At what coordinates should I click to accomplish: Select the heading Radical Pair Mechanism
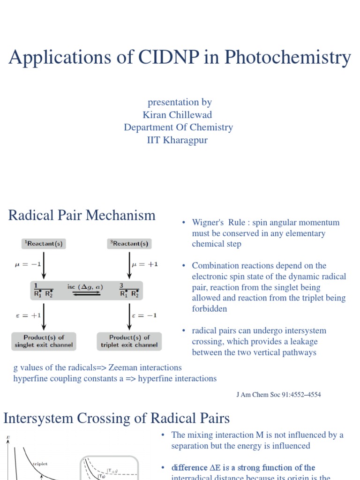click(x=82, y=215)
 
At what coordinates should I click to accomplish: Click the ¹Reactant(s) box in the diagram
click(x=44, y=244)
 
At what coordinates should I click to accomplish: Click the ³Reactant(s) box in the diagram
click(x=129, y=244)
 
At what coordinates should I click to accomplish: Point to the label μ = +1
click(x=146, y=264)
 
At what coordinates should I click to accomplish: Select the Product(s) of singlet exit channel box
click(x=44, y=341)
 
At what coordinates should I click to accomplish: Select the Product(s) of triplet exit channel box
click(x=129, y=341)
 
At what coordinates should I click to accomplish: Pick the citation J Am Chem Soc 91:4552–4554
click(x=278, y=395)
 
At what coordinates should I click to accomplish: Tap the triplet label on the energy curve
click(x=40, y=464)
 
